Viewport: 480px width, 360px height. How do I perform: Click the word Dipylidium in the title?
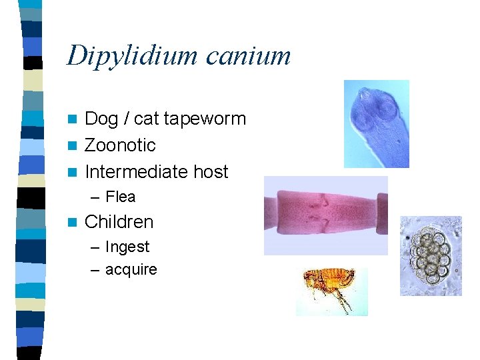(132, 56)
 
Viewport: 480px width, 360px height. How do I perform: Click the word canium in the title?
(248, 56)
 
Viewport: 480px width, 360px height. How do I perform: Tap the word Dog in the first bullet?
(102, 119)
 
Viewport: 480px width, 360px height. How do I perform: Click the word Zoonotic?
(120, 145)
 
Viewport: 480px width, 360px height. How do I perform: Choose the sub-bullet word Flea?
(121, 197)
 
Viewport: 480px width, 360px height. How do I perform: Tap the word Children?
(119, 222)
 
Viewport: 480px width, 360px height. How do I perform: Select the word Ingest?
(127, 247)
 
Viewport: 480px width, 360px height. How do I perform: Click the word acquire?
(131, 270)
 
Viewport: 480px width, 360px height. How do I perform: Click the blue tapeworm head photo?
(376, 123)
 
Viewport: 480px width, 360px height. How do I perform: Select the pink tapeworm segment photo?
(326, 215)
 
